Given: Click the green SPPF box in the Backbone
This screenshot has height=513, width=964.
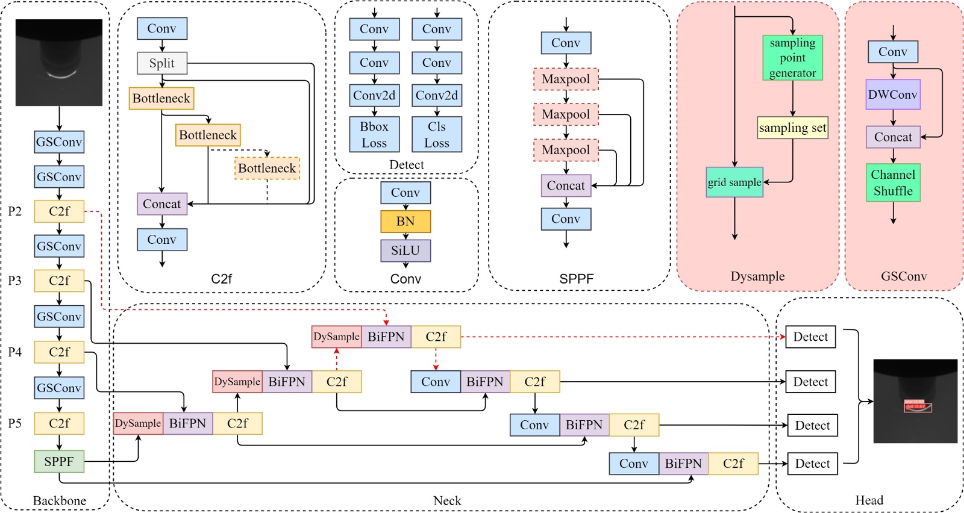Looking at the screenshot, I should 59,462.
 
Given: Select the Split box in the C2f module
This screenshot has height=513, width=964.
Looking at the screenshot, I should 162,63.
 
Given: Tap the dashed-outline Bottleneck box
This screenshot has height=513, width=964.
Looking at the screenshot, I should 267,169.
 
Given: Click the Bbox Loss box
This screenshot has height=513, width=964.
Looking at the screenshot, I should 374,134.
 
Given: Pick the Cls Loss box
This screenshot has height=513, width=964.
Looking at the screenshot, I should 437,134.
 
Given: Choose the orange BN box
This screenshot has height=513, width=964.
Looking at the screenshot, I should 405,222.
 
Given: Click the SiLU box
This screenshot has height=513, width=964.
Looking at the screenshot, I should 405,250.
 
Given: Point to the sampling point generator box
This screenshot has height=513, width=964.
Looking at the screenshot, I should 792,58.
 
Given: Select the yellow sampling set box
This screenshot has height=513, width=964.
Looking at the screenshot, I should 792,128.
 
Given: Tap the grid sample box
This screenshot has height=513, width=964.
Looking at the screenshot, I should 734,182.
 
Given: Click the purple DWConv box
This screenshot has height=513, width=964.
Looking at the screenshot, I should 893,95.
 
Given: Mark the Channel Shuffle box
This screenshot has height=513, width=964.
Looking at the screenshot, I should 893,182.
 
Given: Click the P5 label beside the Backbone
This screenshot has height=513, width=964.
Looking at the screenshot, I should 15,423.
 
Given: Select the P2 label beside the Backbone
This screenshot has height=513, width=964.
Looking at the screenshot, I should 15,211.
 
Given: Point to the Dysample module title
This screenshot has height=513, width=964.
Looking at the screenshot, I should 757,276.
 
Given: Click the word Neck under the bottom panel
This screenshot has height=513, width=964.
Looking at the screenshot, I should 447,500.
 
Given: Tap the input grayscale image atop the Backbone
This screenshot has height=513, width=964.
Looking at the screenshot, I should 59,63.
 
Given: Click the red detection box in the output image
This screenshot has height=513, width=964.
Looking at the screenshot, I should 917,406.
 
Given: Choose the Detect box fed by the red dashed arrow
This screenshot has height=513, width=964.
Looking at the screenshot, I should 810,337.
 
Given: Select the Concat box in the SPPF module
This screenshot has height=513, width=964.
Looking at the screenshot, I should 566,186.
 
